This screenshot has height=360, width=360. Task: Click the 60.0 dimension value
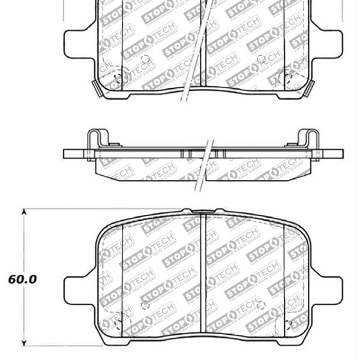pyautogui.click(x=23, y=279)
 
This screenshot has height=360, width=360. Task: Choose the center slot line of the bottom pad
pyautogui.click(x=205, y=276)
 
